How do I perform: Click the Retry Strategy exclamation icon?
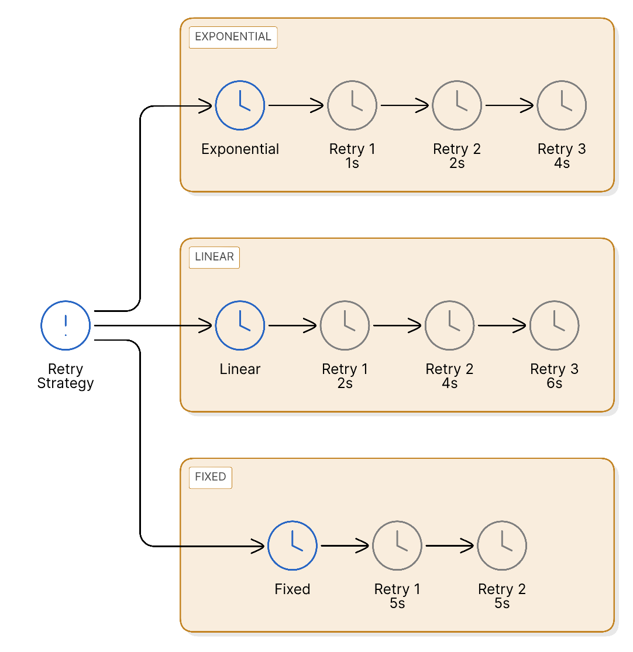coord(66,325)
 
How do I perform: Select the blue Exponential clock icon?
coord(240,105)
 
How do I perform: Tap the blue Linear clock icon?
coord(240,325)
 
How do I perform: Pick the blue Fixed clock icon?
coord(292,545)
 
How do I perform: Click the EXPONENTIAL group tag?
coord(233,37)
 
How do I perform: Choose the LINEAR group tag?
coord(214,257)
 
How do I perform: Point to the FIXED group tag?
coord(210,477)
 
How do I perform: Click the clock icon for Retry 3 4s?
coord(562,105)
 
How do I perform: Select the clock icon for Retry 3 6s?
coord(554,325)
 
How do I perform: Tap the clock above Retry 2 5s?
coord(502,545)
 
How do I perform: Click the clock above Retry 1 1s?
coord(352,105)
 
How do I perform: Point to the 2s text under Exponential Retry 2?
coord(457,163)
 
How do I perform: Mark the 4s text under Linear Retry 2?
coord(449,383)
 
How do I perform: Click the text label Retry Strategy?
coord(66,376)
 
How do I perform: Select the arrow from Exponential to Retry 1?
coord(295,106)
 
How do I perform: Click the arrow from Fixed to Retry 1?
coord(346,546)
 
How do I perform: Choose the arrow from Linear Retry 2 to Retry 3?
coord(503,326)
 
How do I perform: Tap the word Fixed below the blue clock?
coord(292,589)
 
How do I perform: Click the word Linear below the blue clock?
coord(240,369)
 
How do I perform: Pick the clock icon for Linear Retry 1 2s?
coord(345,325)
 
